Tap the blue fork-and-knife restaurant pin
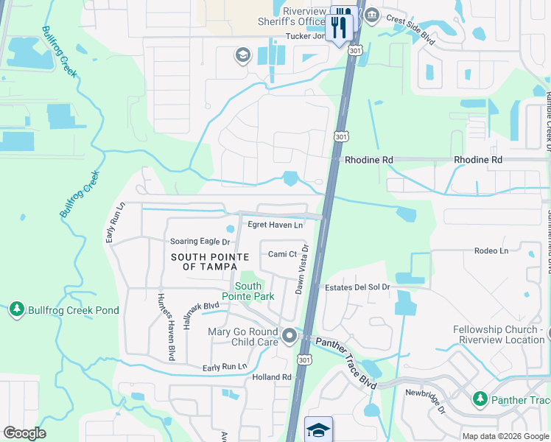(x=340, y=27)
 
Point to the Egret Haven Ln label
(x=275, y=225)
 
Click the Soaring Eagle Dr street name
(x=200, y=241)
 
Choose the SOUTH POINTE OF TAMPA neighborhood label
(x=210, y=261)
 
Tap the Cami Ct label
(x=282, y=254)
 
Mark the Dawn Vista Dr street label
(x=301, y=270)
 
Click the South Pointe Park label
(x=248, y=291)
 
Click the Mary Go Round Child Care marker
(x=289, y=337)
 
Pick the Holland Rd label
(x=272, y=377)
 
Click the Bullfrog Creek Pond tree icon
(x=17, y=310)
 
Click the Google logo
(x=24, y=433)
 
